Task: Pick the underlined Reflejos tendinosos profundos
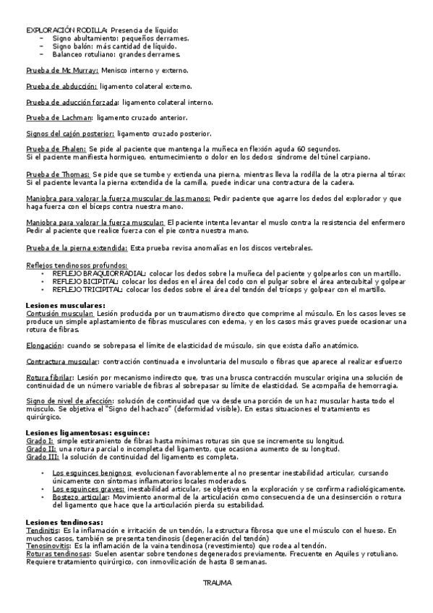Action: (x=77, y=265)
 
